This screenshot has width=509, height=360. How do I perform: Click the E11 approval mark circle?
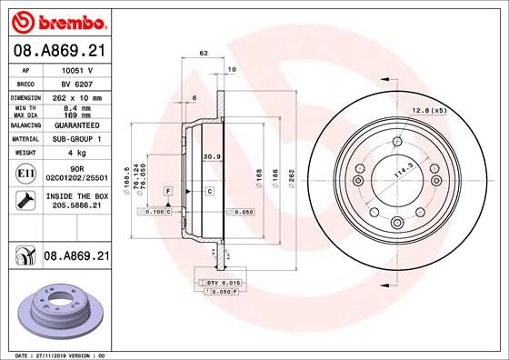tap(25, 173)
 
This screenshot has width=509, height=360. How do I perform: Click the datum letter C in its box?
tap(209, 191)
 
